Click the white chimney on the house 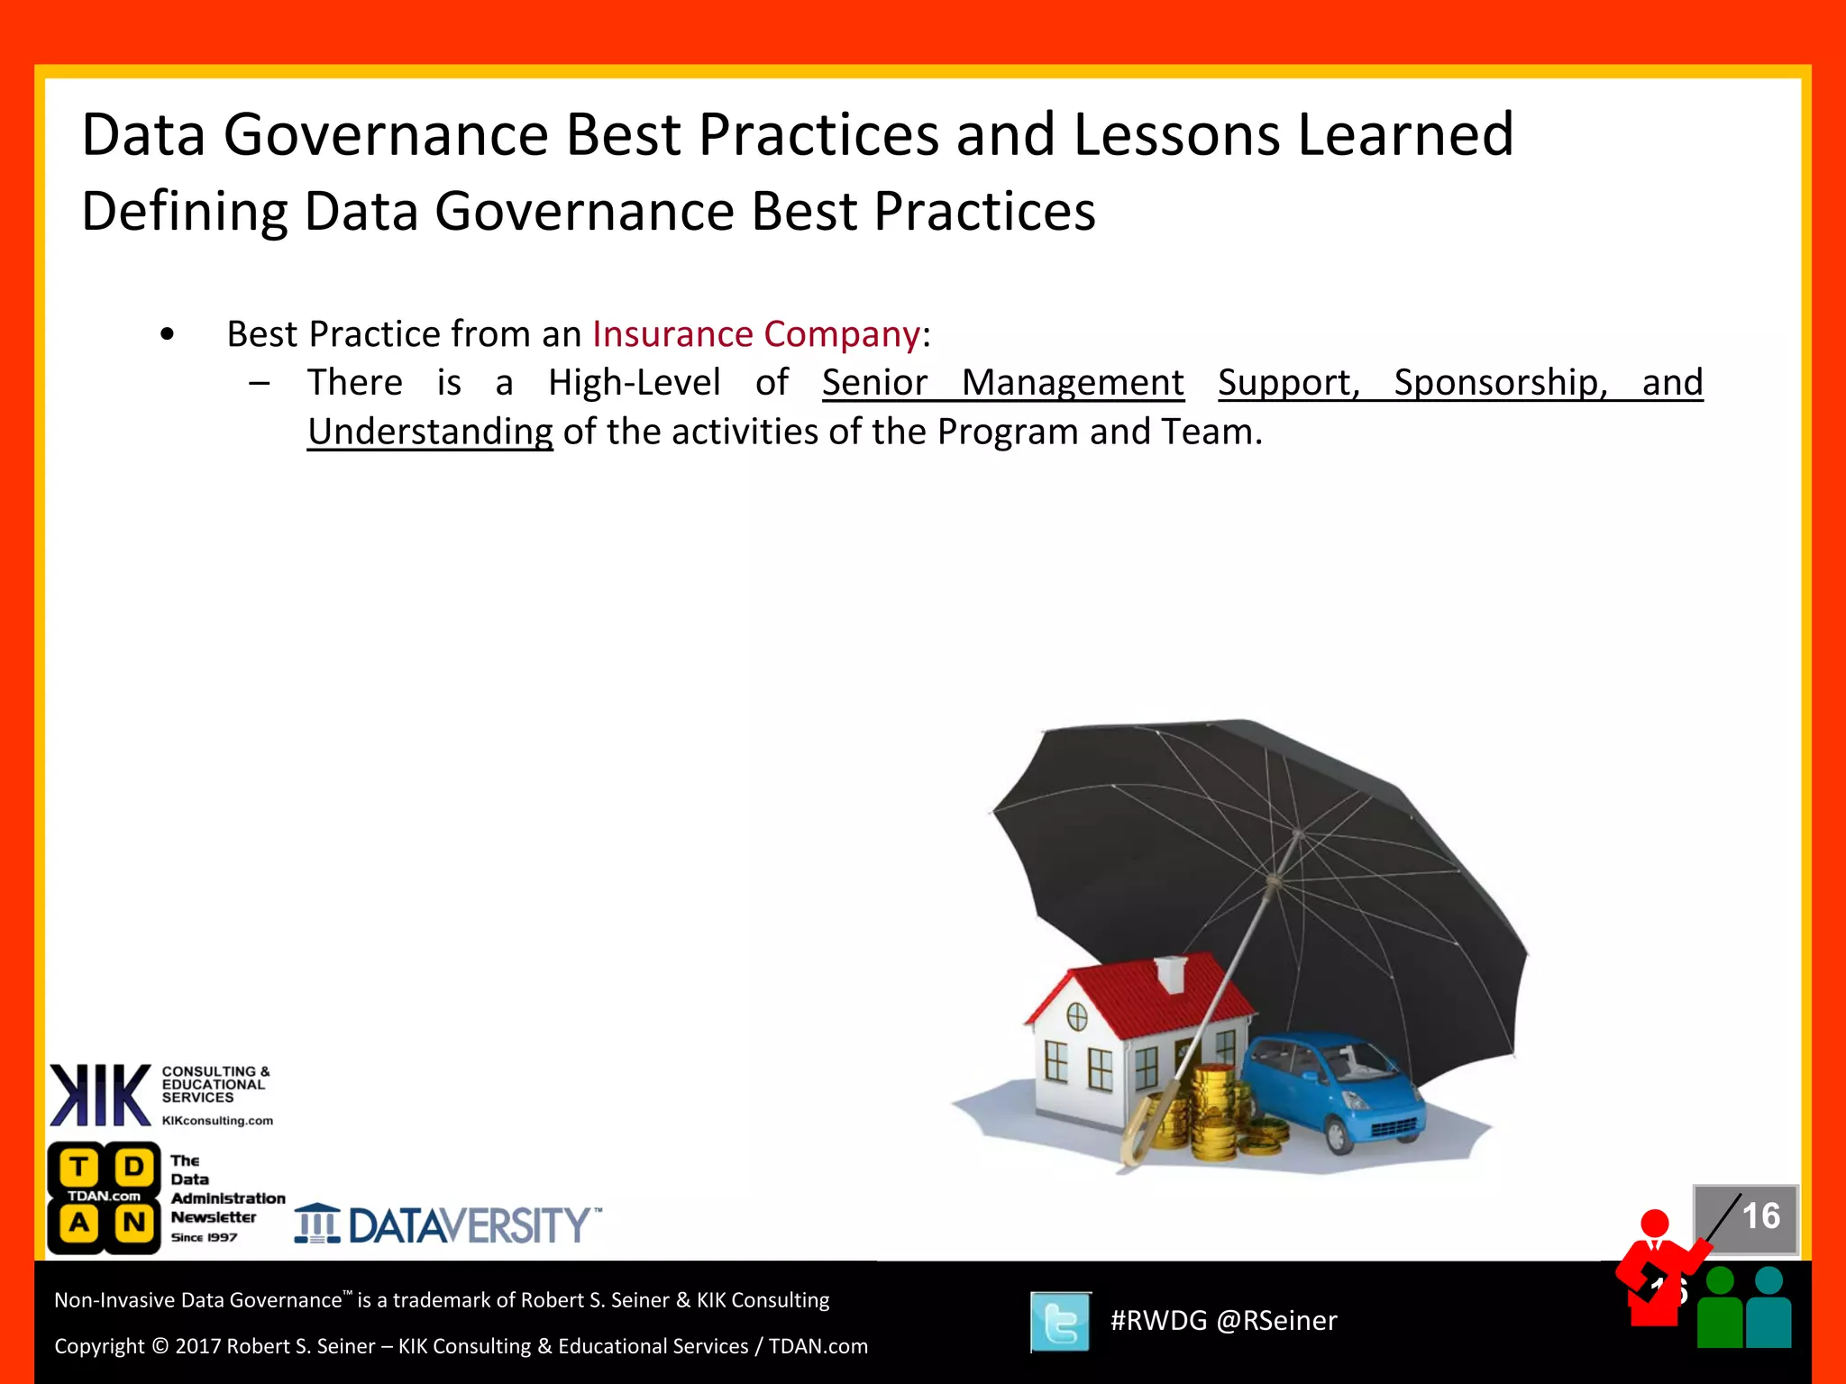click(1171, 973)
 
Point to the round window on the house click(1077, 1017)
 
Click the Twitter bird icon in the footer click(1060, 1322)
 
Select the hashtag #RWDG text click(1158, 1321)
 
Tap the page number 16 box click(1747, 1218)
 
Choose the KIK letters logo click(100, 1095)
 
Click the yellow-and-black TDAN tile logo click(105, 1197)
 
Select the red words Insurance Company click(755, 334)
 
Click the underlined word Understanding click(430, 432)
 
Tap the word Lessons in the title click(1177, 135)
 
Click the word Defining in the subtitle click(184, 212)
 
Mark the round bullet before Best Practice click(167, 335)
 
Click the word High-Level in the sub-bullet click(635, 383)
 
